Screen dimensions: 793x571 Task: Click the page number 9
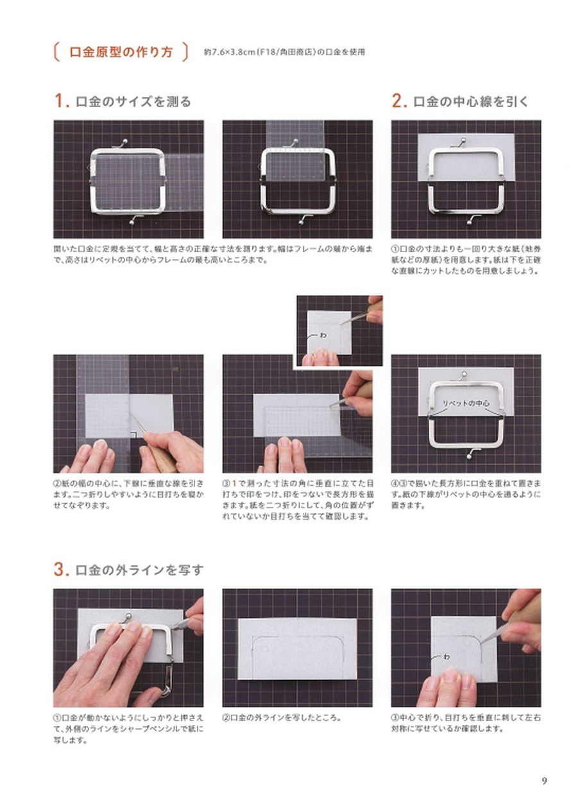point(544,781)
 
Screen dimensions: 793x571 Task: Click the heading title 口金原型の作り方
point(121,52)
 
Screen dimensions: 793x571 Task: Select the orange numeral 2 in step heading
point(398,101)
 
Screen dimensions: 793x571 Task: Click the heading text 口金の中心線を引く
point(470,101)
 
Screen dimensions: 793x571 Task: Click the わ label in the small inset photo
point(322,334)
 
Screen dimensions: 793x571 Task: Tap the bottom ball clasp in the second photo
point(300,221)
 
